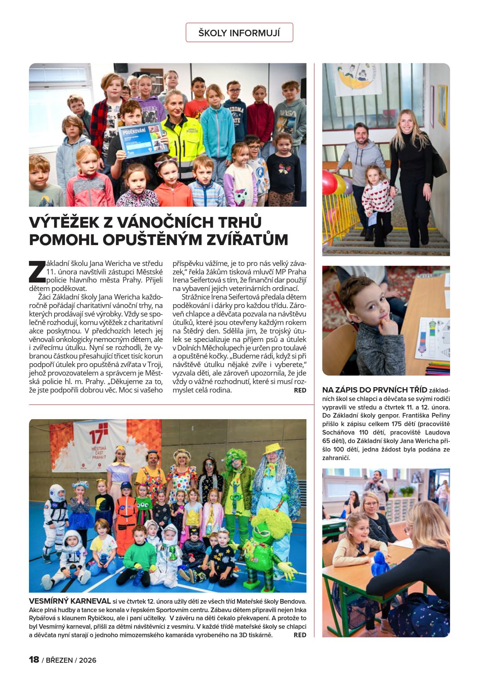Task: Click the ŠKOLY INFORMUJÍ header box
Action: (x=239, y=33)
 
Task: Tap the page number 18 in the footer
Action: (x=34, y=659)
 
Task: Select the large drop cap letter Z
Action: (x=37, y=271)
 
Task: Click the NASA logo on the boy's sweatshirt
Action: (x=285, y=114)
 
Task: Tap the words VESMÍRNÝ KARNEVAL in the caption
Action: (x=70, y=601)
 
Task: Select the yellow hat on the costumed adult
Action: (x=273, y=449)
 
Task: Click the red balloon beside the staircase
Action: (x=329, y=182)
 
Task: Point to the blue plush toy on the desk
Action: (x=380, y=563)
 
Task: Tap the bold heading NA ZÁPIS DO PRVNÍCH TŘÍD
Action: (x=374, y=390)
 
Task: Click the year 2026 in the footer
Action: (x=88, y=660)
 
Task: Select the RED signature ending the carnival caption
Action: (x=300, y=635)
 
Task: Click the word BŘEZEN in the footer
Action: (x=59, y=660)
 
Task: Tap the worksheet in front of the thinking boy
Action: (x=432, y=337)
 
